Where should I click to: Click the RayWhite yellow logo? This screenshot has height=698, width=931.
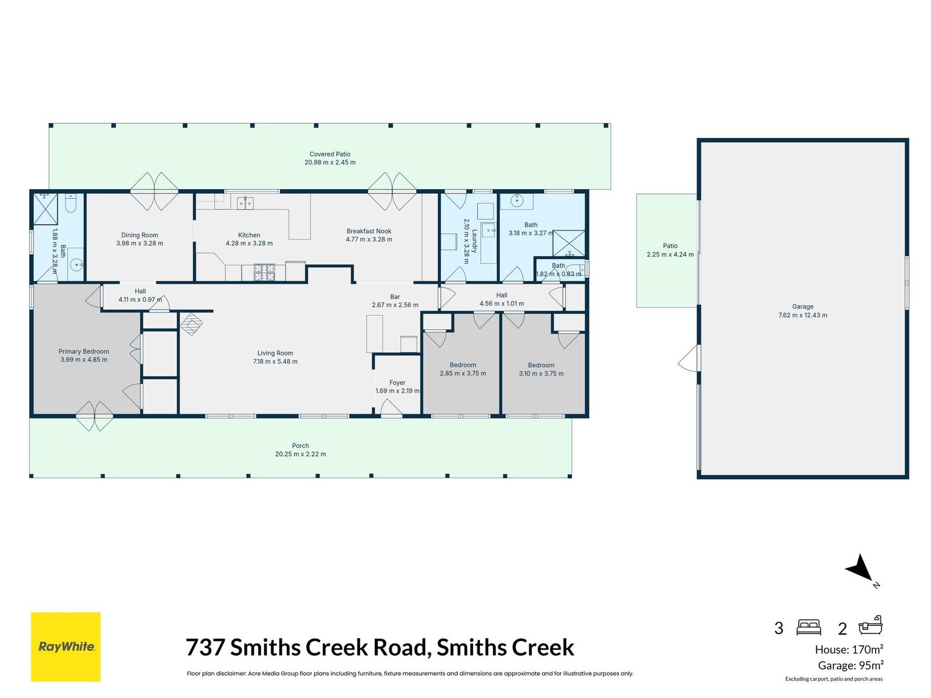65,646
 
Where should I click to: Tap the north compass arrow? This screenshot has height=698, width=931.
859,567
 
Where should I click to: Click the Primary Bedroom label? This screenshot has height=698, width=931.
84,351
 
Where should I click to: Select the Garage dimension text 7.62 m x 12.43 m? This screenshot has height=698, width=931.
802,315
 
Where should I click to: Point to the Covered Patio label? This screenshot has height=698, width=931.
330,154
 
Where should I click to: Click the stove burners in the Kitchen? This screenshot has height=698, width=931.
264,272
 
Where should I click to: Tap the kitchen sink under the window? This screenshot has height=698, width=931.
245,203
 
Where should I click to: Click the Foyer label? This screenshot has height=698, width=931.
397,383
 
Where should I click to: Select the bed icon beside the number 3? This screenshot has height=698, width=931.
808,628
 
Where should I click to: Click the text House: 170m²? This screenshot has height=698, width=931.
849,649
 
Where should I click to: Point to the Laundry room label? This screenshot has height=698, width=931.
475,241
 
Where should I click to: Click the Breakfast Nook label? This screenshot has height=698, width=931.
369,231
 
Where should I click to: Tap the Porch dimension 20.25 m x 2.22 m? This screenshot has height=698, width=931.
300,454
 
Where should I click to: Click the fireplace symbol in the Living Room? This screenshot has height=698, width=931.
191,324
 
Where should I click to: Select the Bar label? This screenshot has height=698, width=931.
395,297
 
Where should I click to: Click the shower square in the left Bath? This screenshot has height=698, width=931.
45,209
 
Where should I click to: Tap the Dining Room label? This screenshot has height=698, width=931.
140,235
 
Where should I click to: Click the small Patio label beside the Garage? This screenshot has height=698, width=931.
670,246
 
